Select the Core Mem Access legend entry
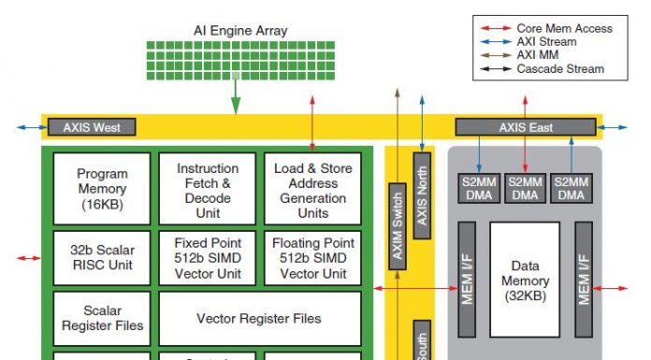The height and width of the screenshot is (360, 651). pos(565,29)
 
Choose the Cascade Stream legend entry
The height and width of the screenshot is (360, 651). pos(559,68)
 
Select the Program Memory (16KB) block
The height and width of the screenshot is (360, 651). pos(102,188)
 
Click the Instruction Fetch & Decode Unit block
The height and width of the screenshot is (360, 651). pos(208,188)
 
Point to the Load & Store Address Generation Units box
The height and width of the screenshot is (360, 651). pos(312,188)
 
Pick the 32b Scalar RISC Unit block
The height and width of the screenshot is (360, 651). pos(102,257)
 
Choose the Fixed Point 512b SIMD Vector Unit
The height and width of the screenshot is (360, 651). pos(208,257)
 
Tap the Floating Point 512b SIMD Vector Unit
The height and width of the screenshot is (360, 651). pos(312,257)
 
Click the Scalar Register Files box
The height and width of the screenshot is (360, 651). pos(102,318)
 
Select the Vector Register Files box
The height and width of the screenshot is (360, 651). pos(259,318)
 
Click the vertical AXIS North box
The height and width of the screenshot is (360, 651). pos(422,194)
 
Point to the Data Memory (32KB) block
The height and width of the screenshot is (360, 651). pos(525,280)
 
